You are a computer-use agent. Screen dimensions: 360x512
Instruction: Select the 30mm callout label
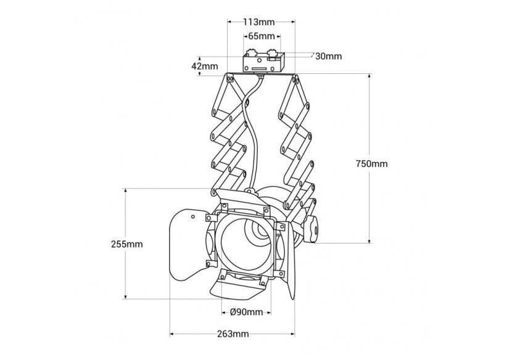pyautogui.click(x=328, y=57)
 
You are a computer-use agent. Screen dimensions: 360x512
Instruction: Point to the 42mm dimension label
pyautogui.click(x=205, y=66)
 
